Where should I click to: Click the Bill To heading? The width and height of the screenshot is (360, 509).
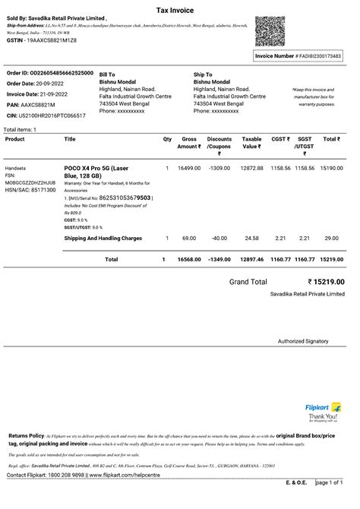[x=107, y=74]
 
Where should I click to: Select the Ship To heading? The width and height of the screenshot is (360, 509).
[x=203, y=74]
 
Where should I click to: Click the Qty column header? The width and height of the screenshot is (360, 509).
[x=167, y=139]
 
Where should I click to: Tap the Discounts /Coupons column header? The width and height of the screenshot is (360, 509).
[x=219, y=143]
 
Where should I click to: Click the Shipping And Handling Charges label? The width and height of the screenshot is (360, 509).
[x=103, y=239]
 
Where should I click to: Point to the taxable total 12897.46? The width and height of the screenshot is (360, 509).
[x=251, y=259]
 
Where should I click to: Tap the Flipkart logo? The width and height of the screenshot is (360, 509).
[x=323, y=408]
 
